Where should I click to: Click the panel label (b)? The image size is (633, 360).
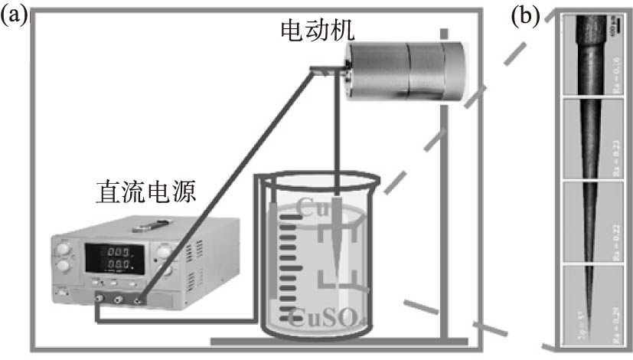(x=526, y=18)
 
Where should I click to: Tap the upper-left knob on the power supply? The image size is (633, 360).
(x=64, y=247)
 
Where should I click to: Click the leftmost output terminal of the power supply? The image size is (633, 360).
(x=98, y=301)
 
